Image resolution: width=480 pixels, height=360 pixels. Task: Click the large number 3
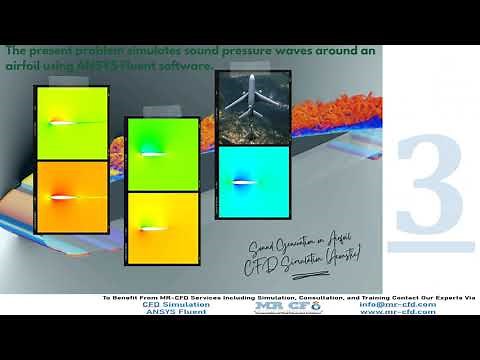pyautogui.click(x=431, y=184)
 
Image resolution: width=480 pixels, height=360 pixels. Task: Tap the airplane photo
pyautogui.click(x=253, y=108)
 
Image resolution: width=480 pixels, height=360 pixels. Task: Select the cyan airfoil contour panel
pyautogui.click(x=253, y=183)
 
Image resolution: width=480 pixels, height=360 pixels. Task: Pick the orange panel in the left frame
pyautogui.click(x=71, y=196)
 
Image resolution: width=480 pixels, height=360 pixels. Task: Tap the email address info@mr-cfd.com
pyautogui.click(x=397, y=305)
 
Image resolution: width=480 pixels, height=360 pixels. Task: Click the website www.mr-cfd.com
pyautogui.click(x=397, y=312)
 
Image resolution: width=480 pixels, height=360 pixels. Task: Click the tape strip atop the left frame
pyautogui.click(x=71, y=85)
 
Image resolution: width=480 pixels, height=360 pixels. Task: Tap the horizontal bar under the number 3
pyautogui.click(x=434, y=245)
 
